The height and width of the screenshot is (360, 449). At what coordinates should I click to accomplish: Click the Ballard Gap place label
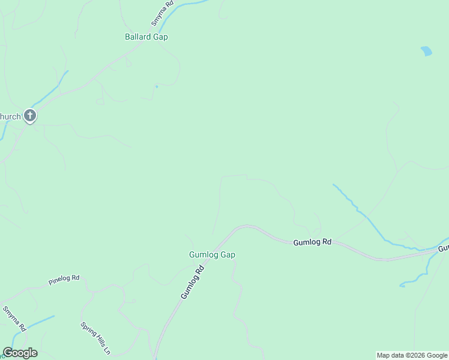pos(146,37)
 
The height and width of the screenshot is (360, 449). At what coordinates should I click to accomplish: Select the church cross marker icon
pos(30,116)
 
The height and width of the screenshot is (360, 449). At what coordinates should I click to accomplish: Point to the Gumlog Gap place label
pos(212,254)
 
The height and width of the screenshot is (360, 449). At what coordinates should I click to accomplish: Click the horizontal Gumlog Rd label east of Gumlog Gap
pos(312,242)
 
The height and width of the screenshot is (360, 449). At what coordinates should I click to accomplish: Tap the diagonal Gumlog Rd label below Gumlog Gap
pos(193,283)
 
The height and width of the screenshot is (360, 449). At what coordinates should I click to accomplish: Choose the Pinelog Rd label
pos(64,279)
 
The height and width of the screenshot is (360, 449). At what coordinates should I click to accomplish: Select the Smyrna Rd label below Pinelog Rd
pos(14,319)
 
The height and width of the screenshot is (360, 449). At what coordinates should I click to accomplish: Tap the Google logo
pos(20,353)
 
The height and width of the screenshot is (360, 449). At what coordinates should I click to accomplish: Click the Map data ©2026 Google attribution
pos(412,355)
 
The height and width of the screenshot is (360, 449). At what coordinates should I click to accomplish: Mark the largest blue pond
pos(426,51)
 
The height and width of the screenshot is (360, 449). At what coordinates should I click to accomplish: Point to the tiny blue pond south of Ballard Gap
pos(156,86)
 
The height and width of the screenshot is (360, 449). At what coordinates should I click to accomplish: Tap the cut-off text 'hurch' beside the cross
pos(10,116)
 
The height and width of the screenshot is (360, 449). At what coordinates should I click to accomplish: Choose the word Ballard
pos(137,37)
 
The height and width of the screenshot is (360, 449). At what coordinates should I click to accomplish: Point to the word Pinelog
pos(59,280)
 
